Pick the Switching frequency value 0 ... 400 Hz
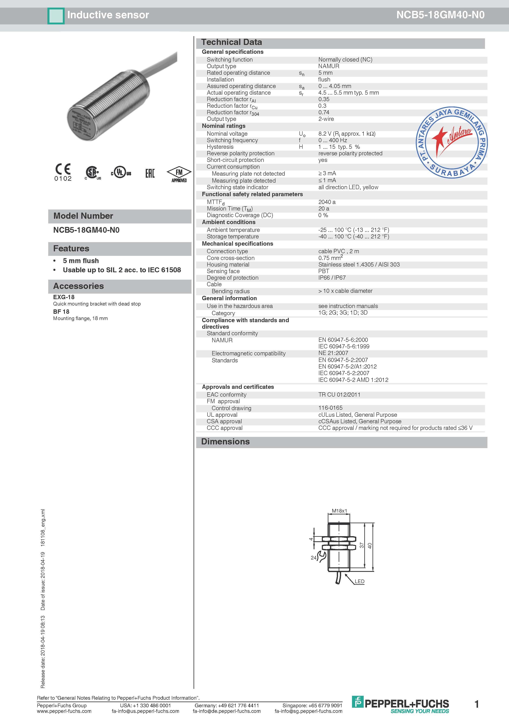point(332,140)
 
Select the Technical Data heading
point(232,42)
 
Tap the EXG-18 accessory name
point(64,297)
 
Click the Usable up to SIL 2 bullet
point(122,270)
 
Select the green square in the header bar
point(56,16)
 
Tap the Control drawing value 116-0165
point(330,408)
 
